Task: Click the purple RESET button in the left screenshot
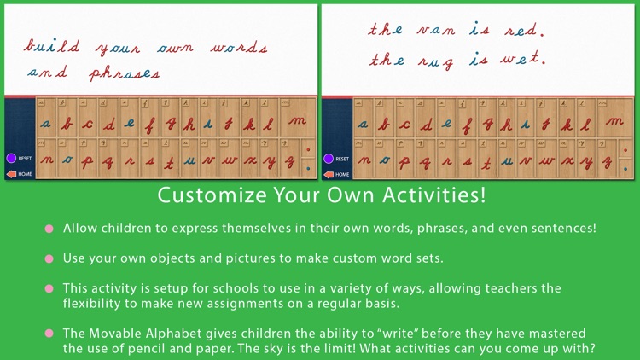(x=11, y=158)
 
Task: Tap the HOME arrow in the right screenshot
(x=329, y=173)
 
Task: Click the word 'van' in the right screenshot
(x=437, y=30)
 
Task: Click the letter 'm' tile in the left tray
(x=297, y=123)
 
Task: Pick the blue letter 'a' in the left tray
(x=46, y=124)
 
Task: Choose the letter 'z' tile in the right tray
(x=608, y=160)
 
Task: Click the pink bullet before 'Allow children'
(x=49, y=229)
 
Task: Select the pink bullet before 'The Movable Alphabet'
(x=49, y=334)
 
